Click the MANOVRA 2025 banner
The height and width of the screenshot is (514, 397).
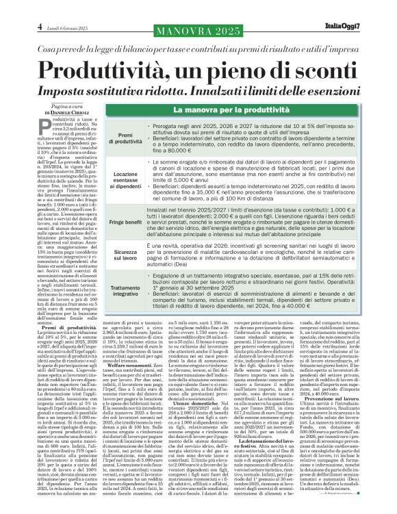pyautogui.click(x=198, y=32)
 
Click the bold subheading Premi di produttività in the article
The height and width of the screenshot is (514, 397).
pyautogui.click(x=69, y=329)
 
